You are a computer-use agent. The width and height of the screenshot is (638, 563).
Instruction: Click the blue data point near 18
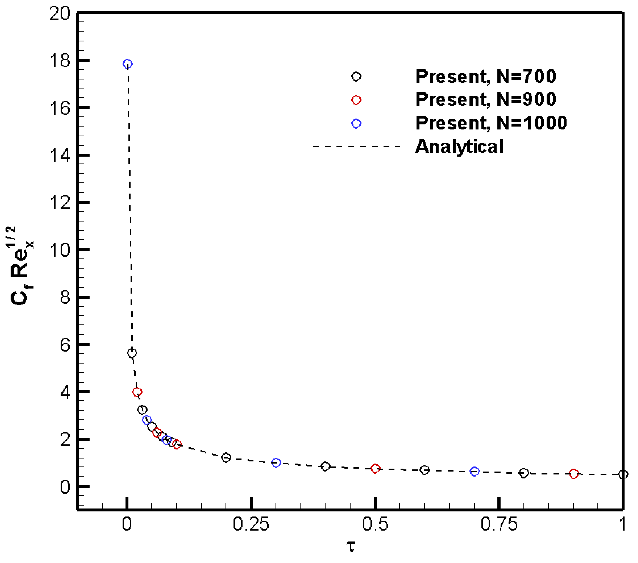pyautogui.click(x=127, y=64)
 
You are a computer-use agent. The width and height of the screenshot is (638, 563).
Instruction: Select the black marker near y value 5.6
pyautogui.click(x=132, y=353)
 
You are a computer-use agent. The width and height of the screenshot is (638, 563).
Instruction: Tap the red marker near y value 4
pyautogui.click(x=137, y=392)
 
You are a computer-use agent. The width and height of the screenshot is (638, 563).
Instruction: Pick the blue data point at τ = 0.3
pyautogui.click(x=276, y=463)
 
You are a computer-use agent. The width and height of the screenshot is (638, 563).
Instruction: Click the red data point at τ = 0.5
pyautogui.click(x=375, y=468)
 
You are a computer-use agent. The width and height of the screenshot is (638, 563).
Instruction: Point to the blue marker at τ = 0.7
pyautogui.click(x=475, y=471)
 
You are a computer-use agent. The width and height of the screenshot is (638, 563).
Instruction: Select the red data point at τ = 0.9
pyautogui.click(x=574, y=474)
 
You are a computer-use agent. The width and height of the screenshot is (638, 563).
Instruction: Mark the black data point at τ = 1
pyautogui.click(x=623, y=474)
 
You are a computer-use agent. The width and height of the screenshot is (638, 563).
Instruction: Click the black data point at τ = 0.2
pyautogui.click(x=226, y=458)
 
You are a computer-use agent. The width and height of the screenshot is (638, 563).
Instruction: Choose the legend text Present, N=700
pyautogui.click(x=485, y=77)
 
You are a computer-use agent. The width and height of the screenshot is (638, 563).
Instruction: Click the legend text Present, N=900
pyautogui.click(x=485, y=99)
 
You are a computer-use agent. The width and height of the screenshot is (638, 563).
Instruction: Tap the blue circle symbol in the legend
pyautogui.click(x=356, y=124)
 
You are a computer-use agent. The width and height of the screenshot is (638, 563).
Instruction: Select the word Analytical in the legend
pyautogui.click(x=459, y=147)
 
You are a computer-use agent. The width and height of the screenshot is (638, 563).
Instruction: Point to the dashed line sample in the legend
pyautogui.click(x=356, y=147)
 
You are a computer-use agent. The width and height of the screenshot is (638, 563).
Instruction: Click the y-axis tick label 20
pyautogui.click(x=59, y=14)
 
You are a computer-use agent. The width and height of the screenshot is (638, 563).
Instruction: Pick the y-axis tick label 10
pyautogui.click(x=59, y=250)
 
